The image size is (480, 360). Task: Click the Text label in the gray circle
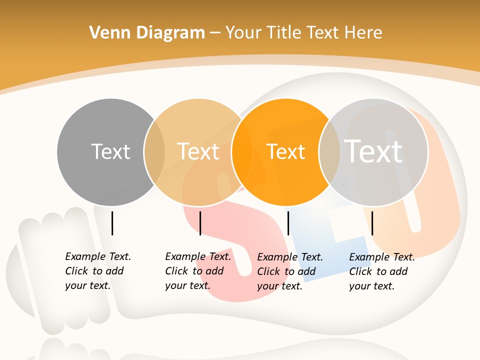click(110, 151)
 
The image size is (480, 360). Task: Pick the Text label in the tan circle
click(198, 151)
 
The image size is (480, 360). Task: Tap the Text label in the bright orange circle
click(285, 151)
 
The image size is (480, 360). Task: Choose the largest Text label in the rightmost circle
click(373, 151)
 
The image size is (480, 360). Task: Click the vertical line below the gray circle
click(112, 223)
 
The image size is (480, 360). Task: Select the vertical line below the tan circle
click(200, 223)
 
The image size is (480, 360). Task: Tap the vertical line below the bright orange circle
click(288, 223)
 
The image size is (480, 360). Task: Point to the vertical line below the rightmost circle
click(372, 223)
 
